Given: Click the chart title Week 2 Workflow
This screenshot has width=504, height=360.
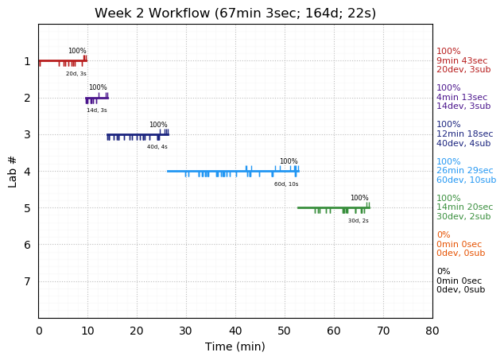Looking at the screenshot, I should pos(235,14).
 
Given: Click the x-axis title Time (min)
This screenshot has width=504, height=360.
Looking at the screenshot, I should pos(235,346).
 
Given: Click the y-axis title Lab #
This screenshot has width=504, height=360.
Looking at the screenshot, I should pos(13,171).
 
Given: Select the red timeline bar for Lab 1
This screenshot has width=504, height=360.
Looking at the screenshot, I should pos(62,60).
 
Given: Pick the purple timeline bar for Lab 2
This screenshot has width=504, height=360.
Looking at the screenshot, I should pos(96,98).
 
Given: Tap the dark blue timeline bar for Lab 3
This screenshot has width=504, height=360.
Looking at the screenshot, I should pos(138,134).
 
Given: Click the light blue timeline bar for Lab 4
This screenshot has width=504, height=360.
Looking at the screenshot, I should pos(233,171).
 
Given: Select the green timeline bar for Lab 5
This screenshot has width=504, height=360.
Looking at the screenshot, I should pos(333,207).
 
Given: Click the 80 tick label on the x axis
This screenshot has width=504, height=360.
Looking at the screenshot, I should pos(432,331).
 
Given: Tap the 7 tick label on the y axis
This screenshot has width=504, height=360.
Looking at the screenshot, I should pos(27,281).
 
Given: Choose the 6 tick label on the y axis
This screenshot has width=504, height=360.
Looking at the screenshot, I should pos(27,245).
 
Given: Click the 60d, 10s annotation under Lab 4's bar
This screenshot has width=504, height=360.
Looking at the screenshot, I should pos(286,184).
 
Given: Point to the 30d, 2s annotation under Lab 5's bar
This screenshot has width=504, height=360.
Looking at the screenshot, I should pos(358,221).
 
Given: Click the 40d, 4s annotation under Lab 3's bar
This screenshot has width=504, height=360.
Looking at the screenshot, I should pos(157,147).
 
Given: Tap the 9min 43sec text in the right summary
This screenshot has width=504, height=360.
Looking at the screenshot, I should pos(462,61).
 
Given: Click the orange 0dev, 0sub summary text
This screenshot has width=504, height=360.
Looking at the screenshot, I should pos(460,254).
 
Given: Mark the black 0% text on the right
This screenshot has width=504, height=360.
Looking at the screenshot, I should pos(443,272).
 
